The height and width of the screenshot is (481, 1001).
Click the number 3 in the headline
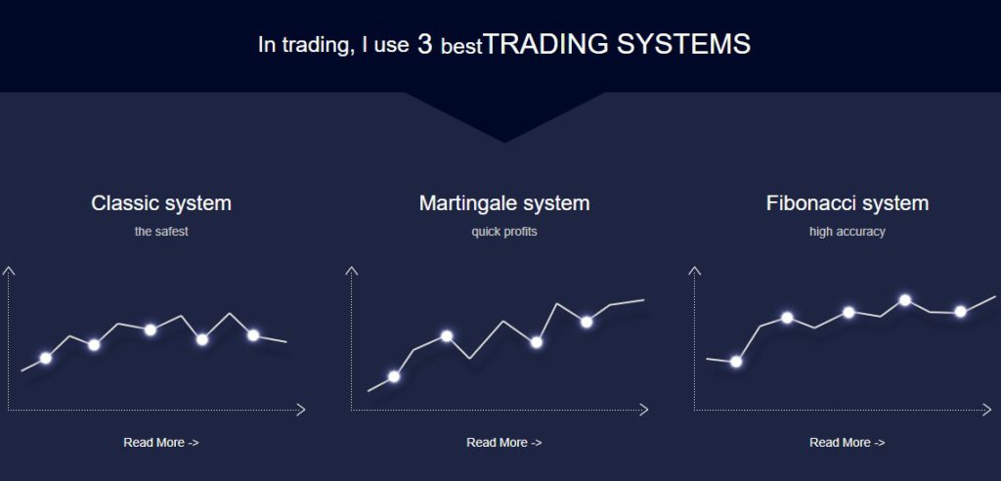425,44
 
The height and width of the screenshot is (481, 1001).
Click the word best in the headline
461,47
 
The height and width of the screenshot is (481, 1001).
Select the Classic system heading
161,203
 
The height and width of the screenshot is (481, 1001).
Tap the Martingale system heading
504,203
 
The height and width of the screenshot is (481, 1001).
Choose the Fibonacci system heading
848,203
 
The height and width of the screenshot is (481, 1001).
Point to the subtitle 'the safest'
161,232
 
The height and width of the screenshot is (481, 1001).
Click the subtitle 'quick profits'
504,232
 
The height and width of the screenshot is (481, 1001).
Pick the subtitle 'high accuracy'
848,232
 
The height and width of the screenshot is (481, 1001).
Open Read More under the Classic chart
161,442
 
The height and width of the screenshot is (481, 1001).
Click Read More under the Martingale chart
504,442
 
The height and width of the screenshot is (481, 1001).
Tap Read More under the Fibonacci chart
848,442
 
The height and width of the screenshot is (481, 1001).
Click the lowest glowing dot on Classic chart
45,359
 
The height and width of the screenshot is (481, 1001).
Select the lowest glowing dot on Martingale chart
394,376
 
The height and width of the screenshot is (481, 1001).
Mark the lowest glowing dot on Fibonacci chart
736,362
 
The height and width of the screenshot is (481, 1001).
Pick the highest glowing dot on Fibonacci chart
904,300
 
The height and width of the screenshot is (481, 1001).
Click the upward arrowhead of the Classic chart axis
8,271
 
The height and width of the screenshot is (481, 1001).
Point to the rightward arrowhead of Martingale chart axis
643,410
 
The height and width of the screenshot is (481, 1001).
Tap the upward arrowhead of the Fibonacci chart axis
695,271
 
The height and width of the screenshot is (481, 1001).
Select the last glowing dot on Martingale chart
587,322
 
